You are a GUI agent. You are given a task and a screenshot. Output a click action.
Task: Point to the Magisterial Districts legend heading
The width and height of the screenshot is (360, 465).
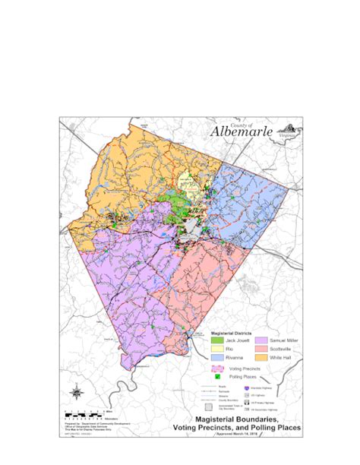[232, 334]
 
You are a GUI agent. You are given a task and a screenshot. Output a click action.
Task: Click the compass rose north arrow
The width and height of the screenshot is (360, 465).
[76, 393]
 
